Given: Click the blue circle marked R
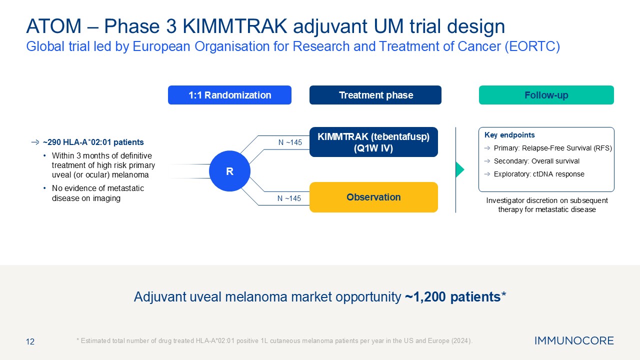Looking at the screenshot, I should pyautogui.click(x=229, y=171).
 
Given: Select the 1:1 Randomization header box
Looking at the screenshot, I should pyautogui.click(x=229, y=95).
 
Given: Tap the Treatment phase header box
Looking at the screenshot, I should pyautogui.click(x=375, y=95).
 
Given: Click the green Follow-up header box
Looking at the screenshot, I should pyautogui.click(x=546, y=95).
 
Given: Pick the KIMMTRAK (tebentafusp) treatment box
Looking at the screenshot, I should pyautogui.click(x=373, y=142).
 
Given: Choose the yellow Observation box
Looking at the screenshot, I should pyautogui.click(x=373, y=197).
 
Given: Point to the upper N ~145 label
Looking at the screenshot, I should pyautogui.click(x=290, y=142).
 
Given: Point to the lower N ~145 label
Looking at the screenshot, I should pyautogui.click(x=289, y=198).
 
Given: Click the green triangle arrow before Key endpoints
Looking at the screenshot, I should pyautogui.click(x=459, y=170).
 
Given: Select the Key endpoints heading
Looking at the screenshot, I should pyautogui.click(x=509, y=135).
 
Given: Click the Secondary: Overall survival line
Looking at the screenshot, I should pyautogui.click(x=536, y=161).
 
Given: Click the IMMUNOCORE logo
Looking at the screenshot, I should pyautogui.click(x=574, y=341).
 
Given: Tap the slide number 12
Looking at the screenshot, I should pyautogui.click(x=30, y=341).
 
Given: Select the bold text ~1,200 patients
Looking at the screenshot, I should pyautogui.click(x=452, y=297).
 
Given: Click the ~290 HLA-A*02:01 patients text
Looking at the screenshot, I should pyautogui.click(x=93, y=142).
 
